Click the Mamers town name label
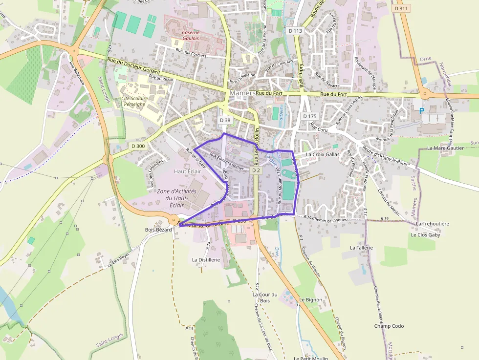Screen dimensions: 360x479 click(x=242, y=93)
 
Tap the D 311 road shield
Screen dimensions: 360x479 click(x=401, y=8)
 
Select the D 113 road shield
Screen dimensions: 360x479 click(x=296, y=30)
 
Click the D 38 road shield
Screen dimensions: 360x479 click(x=225, y=120)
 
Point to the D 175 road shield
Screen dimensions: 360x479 click(x=310, y=116)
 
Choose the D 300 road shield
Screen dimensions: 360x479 click(x=138, y=146)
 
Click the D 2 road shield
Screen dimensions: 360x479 click(x=256, y=170)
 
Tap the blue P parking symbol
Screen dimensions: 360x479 click(x=421, y=111)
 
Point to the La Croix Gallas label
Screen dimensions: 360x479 click(x=323, y=154)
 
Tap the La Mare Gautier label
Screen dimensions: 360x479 click(x=445, y=148)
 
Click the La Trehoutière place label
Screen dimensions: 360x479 click(x=433, y=223)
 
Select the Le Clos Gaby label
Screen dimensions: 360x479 click(x=425, y=234)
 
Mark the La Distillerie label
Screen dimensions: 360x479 click(x=206, y=260)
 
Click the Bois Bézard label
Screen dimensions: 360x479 click(x=158, y=230)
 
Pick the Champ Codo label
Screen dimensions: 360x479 click(x=389, y=326)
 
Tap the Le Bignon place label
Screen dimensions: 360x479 click(x=311, y=299)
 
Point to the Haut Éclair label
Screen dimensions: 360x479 click(x=188, y=171)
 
